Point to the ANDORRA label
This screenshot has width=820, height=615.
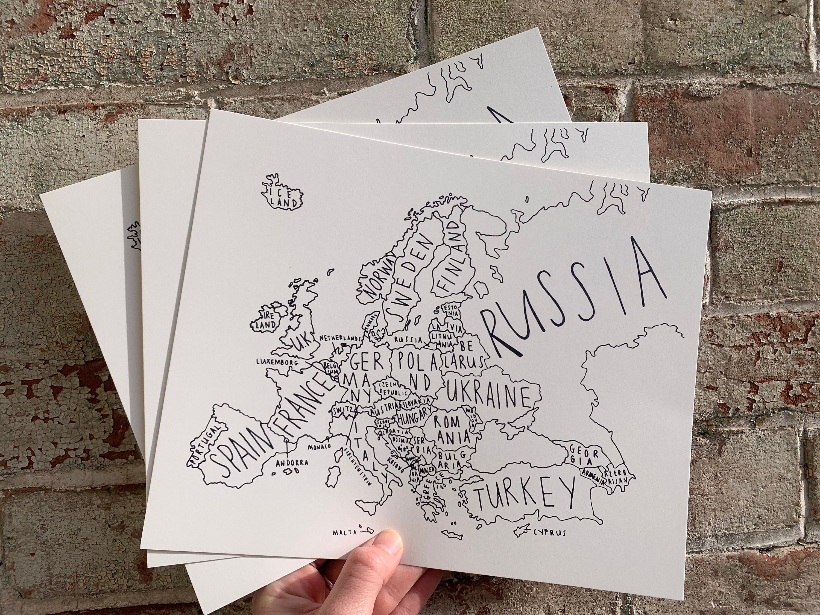(292, 463)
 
